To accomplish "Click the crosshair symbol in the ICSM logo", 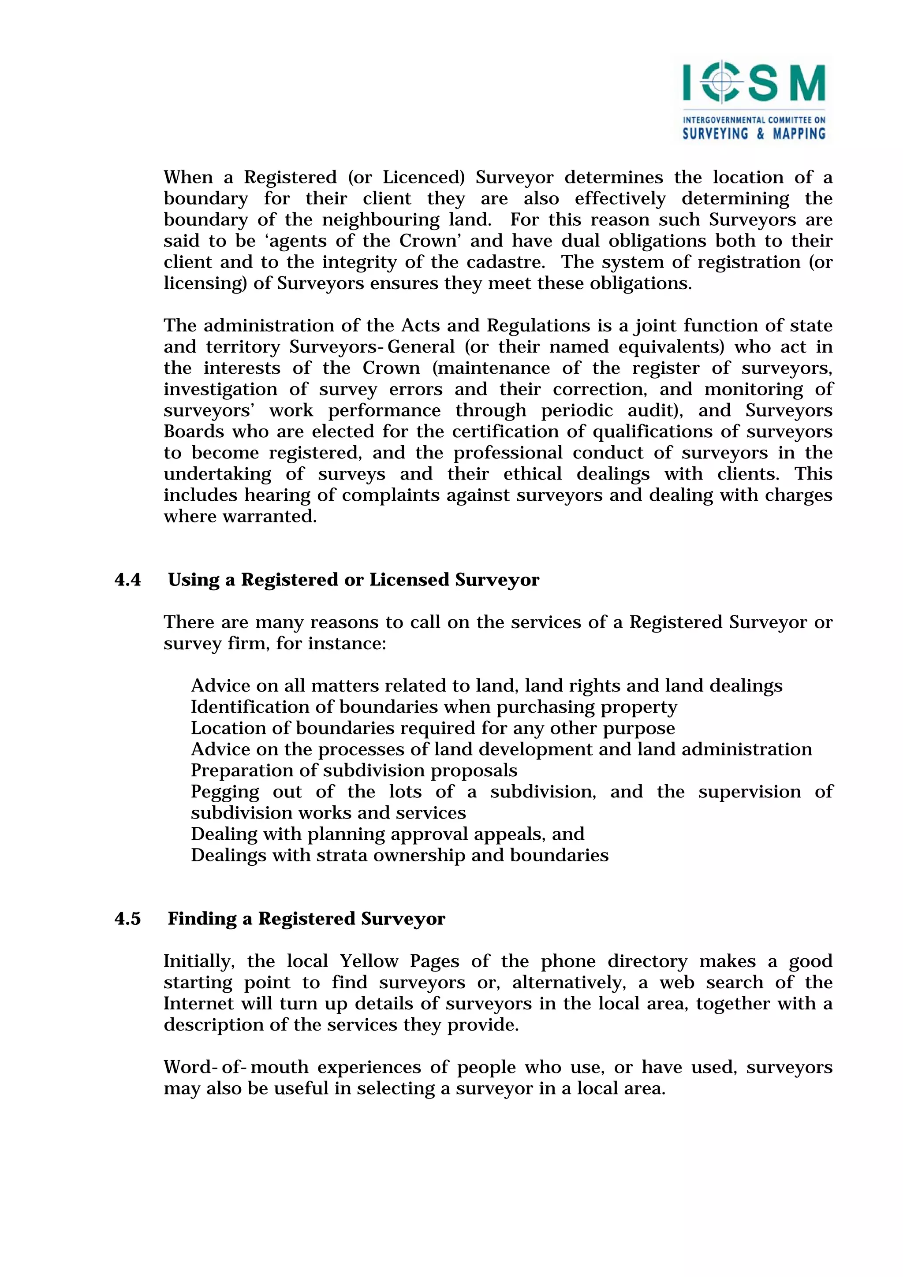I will click(722, 82).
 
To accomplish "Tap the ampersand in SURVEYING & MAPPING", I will click(760, 134).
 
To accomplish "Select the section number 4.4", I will click(127, 580).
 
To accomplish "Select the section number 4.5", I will click(127, 919).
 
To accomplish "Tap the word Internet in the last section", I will click(198, 1004).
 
